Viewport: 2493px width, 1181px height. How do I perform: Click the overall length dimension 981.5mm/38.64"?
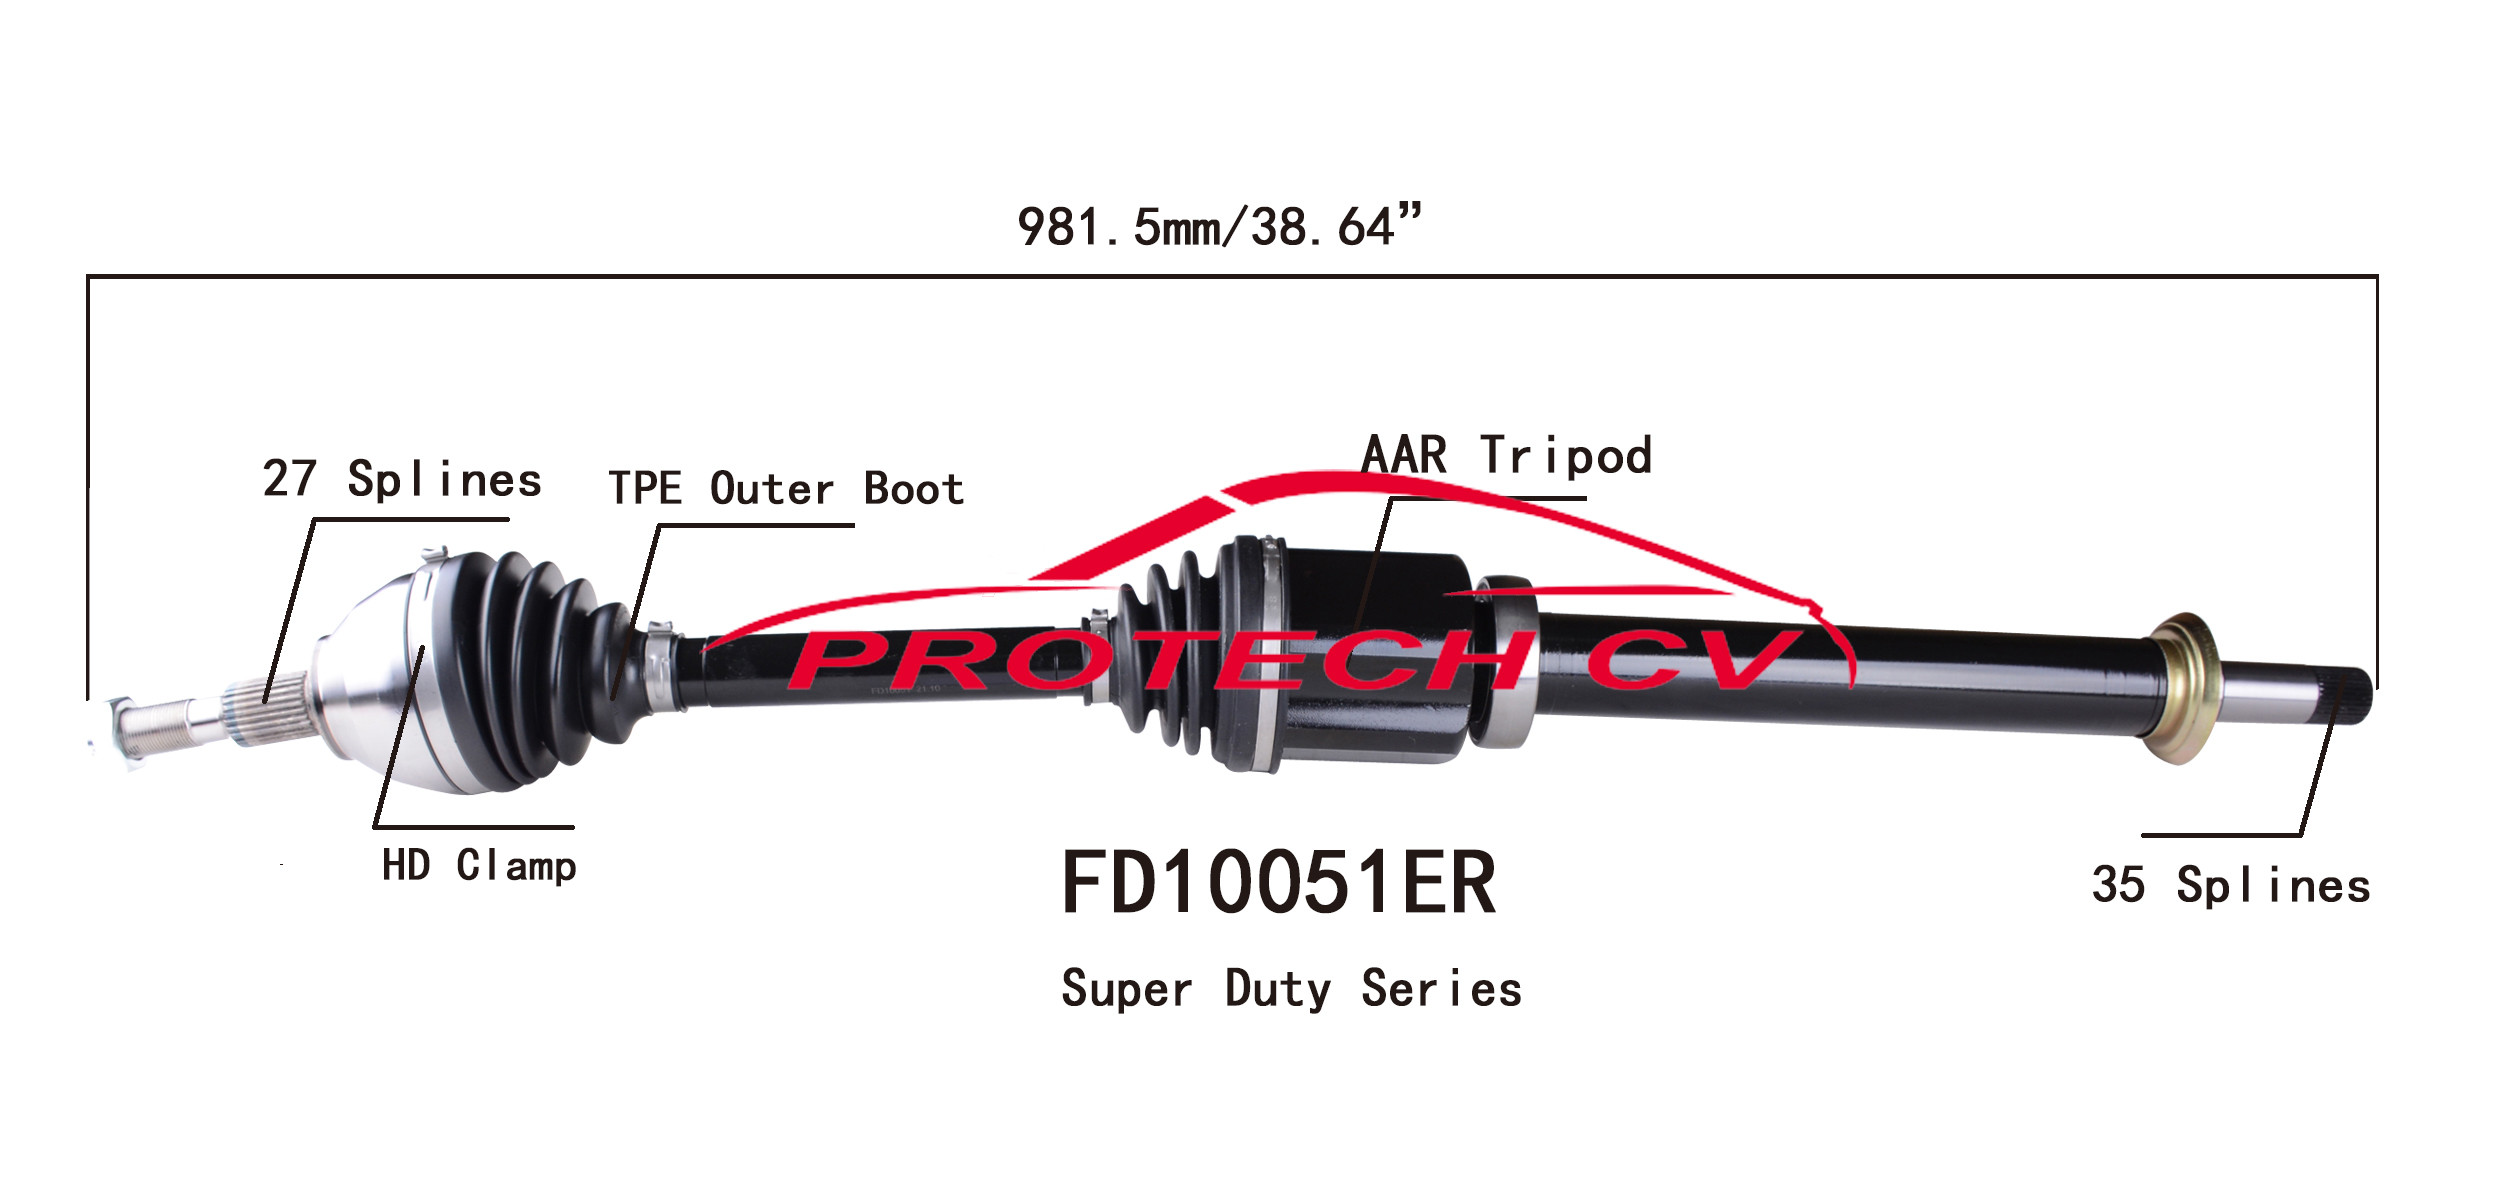[1219, 226]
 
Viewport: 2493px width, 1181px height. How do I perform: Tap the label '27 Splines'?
[402, 479]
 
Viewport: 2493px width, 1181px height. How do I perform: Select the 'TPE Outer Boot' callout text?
[786, 489]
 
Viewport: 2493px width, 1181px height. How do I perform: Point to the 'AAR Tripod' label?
[1506, 455]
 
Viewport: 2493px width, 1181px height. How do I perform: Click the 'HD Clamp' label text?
[479, 866]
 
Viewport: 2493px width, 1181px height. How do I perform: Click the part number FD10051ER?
[1278, 883]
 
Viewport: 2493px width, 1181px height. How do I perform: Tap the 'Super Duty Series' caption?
[1291, 989]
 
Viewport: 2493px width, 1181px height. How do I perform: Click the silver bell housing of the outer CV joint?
[370, 680]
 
